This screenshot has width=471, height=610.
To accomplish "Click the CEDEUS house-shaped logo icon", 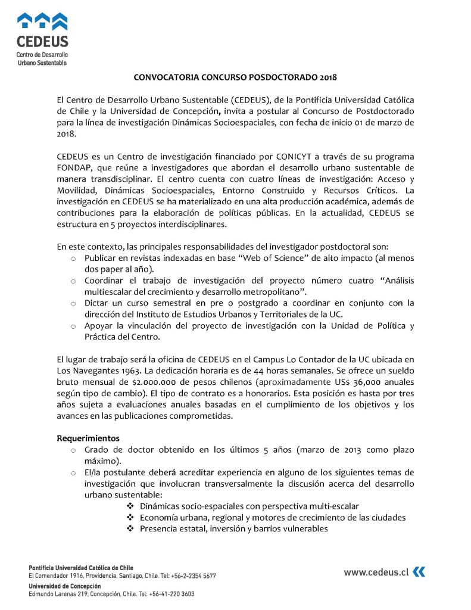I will tap(42, 22).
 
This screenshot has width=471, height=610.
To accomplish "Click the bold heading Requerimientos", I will tap(88, 438).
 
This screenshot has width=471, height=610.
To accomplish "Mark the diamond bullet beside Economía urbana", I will tap(130, 517).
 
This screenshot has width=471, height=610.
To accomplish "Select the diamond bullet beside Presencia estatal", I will tap(130, 528).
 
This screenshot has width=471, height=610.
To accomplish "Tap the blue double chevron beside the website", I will tap(419, 572).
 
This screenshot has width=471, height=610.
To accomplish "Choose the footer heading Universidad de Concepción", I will tap(65, 586).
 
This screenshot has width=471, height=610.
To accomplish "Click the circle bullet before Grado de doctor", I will tap(73, 450).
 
